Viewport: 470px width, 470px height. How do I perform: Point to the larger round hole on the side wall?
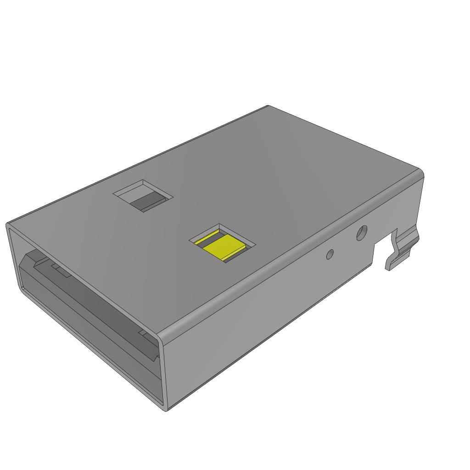point(362,233)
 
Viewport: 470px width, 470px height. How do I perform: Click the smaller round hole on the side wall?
point(330,254)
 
